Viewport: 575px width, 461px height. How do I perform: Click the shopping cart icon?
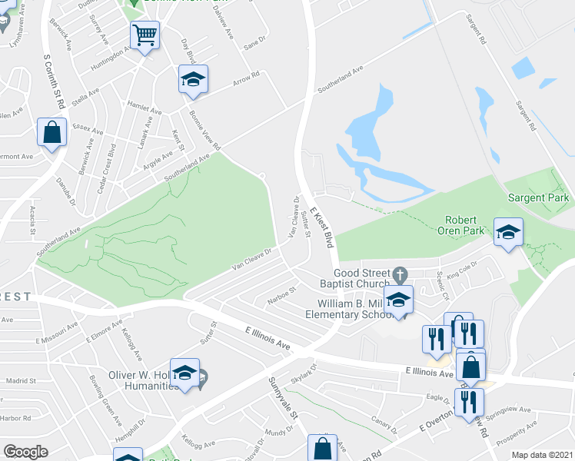pos(145,35)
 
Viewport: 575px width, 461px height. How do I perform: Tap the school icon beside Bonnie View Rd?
pos(194,79)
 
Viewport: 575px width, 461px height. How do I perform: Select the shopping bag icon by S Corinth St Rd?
pos(52,131)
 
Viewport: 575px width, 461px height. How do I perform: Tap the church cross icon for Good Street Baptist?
pos(399,274)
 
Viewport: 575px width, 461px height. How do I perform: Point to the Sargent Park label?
pos(539,197)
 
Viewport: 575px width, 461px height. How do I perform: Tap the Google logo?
pos(25,452)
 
